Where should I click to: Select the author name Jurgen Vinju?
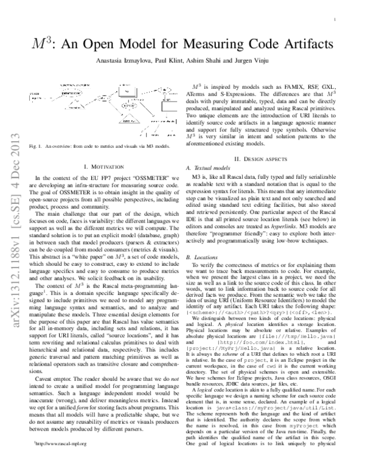click(256, 64)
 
